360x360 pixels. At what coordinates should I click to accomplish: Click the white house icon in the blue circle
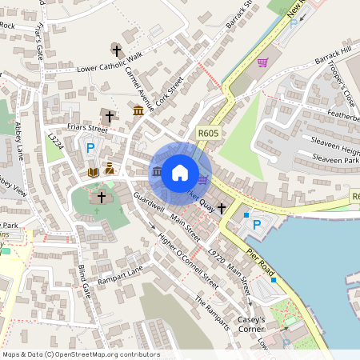click(x=180, y=172)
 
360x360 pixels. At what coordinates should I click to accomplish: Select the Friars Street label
click(x=87, y=127)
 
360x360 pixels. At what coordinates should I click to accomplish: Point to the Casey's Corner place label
click(x=257, y=324)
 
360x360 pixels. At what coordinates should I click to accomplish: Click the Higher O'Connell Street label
click(x=187, y=261)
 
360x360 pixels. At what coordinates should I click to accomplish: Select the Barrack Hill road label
click(x=333, y=57)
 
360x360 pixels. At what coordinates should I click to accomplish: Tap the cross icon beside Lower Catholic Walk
click(x=114, y=49)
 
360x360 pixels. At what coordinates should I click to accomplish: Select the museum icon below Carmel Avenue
click(x=138, y=110)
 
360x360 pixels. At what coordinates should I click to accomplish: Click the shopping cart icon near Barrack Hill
click(x=262, y=62)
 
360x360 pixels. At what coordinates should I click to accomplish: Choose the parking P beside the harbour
click(x=257, y=226)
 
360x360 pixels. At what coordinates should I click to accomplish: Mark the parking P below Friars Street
click(x=90, y=148)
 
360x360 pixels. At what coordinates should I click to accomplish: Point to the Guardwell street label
click(x=150, y=202)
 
